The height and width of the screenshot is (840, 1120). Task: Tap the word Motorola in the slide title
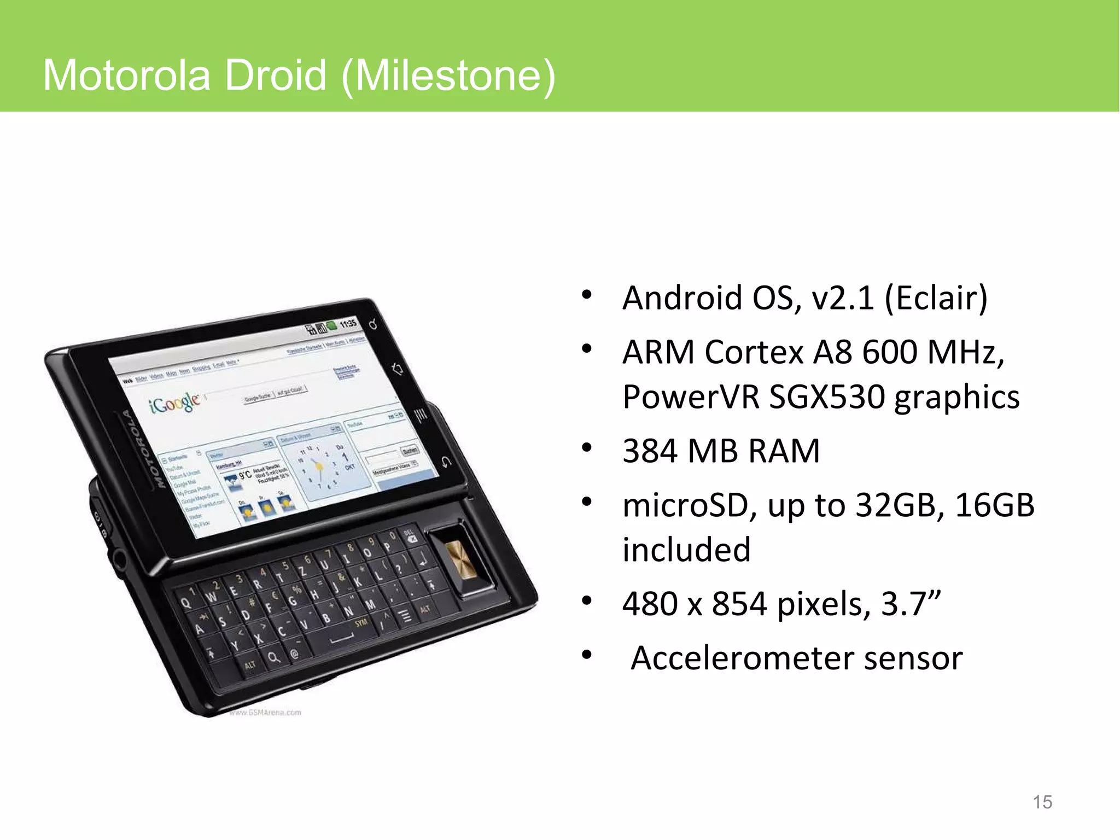click(126, 75)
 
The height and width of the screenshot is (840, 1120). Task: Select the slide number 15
click(1042, 802)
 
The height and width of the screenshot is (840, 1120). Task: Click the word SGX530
click(826, 396)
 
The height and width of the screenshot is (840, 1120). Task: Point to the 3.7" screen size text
click(911, 604)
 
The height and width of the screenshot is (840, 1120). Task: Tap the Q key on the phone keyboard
click(186, 603)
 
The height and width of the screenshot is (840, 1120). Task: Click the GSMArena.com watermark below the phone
click(265, 713)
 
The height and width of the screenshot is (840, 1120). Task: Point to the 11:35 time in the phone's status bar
click(348, 324)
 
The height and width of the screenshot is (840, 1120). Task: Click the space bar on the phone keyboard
click(342, 639)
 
